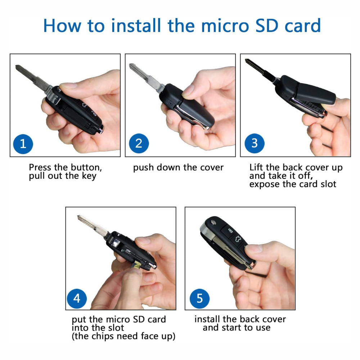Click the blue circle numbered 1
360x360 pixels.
23,144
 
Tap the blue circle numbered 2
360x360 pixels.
139,143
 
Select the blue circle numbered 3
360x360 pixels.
255,143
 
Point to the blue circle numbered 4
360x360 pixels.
77,298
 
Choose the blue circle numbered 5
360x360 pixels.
199,298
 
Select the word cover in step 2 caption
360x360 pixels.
212,168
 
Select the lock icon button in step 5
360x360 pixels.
230,230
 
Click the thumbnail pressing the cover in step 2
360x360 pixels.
188,90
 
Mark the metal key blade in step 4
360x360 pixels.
93,226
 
